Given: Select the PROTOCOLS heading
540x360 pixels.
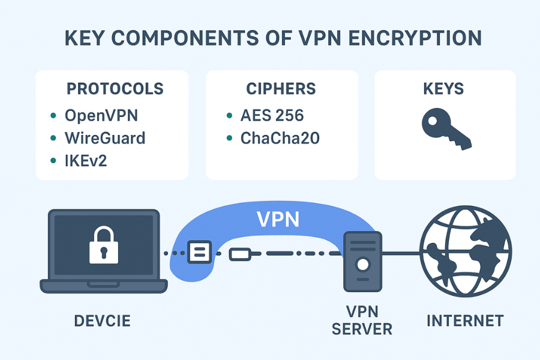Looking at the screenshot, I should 115,89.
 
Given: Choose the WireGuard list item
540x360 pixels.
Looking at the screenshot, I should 105,138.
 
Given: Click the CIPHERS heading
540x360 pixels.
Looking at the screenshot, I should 281,89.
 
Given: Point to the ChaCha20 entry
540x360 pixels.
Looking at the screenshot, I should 280,138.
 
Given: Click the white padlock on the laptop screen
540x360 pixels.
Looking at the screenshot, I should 103,244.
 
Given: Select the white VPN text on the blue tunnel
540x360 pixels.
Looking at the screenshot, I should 278,219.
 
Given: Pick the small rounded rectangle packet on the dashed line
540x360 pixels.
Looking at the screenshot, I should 240,253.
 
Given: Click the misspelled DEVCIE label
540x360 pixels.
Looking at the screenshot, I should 102,321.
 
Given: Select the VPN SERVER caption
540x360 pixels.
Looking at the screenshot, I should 362,321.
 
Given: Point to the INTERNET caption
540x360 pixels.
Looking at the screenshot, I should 465,321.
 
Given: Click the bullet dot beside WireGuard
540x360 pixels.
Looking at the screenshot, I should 53,138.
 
